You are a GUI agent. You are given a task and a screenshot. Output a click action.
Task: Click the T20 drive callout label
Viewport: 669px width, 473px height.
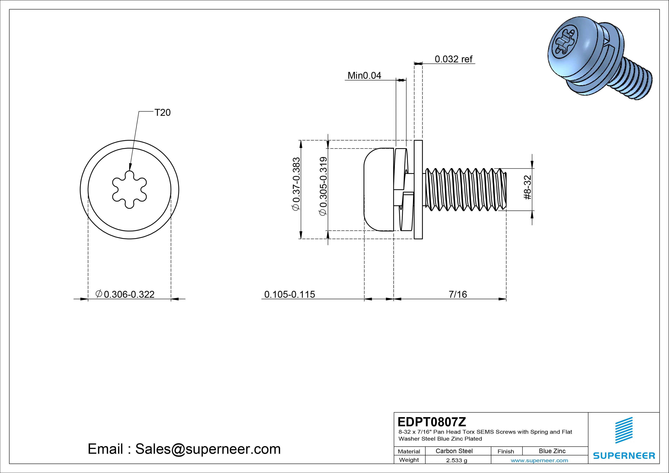(162, 113)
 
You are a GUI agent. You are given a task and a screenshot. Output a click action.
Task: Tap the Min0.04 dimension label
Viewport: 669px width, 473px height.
(364, 76)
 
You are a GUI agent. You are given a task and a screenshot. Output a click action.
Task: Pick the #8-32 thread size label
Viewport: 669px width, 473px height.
(527, 187)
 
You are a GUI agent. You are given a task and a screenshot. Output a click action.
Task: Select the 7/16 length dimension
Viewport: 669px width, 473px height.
(458, 294)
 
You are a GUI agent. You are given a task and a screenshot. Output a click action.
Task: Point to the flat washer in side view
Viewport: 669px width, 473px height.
(418, 189)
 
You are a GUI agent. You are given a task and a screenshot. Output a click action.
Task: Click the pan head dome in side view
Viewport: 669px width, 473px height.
(377, 189)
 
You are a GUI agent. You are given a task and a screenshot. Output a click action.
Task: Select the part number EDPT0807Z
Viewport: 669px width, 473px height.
(432, 422)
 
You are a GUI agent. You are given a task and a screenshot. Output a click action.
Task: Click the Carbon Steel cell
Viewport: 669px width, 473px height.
(454, 451)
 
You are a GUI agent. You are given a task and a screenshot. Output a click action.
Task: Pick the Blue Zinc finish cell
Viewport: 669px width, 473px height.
(552, 451)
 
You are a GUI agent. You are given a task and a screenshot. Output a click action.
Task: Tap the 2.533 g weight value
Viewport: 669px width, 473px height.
(456, 460)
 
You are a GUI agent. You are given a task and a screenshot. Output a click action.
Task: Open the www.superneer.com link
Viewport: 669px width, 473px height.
(539, 460)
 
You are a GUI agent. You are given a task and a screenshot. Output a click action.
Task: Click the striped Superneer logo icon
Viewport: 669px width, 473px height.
(624, 430)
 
